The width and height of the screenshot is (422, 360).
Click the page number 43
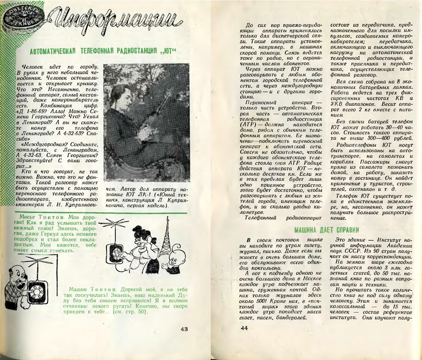tap(184, 329)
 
